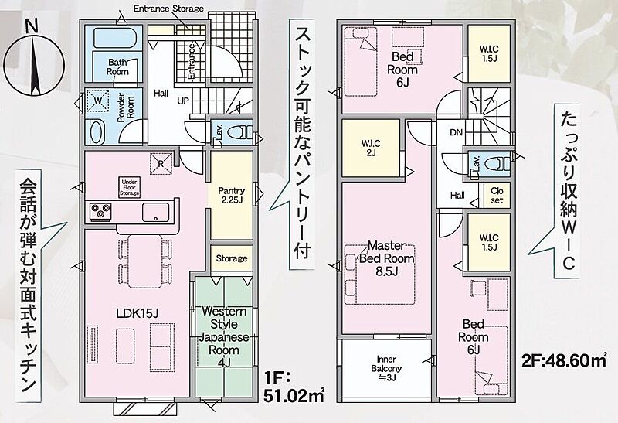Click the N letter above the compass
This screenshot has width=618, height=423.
(x=32, y=26)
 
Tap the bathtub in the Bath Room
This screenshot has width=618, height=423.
(x=114, y=38)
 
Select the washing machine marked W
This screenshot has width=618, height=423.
(x=98, y=101)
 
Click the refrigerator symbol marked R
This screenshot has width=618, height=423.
(x=161, y=163)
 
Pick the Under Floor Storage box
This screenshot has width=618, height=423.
(x=129, y=187)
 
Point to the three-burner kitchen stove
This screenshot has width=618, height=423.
(x=100, y=212)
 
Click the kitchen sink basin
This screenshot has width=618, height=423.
(x=156, y=213)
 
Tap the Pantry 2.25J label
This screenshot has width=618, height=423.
(x=231, y=196)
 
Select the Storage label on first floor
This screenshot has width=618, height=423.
(x=232, y=258)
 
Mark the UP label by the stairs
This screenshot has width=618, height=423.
(x=183, y=101)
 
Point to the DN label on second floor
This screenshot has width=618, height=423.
(x=456, y=132)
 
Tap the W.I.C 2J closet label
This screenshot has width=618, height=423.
(x=371, y=148)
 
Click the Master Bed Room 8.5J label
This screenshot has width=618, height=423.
(x=387, y=258)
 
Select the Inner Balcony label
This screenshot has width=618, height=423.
(x=386, y=368)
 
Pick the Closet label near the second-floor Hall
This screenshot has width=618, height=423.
(x=497, y=196)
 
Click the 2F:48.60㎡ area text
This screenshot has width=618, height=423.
(x=565, y=360)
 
